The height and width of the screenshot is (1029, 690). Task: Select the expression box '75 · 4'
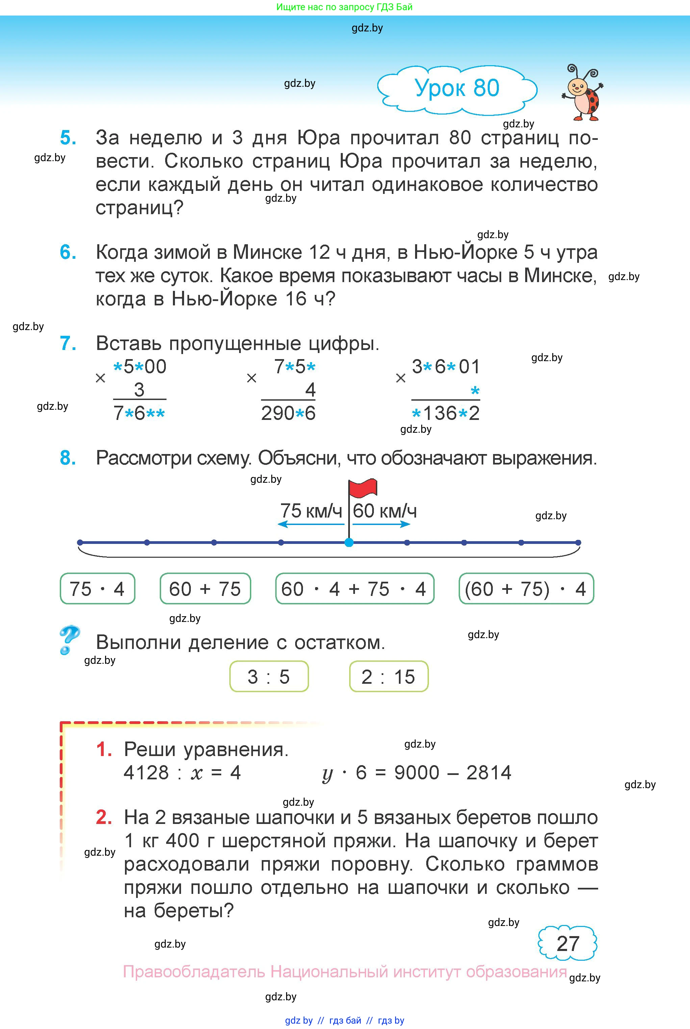pyautogui.click(x=97, y=588)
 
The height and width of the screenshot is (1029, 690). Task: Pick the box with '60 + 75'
pyautogui.click(x=205, y=588)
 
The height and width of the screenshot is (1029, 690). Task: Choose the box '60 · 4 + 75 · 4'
pyautogui.click(x=355, y=588)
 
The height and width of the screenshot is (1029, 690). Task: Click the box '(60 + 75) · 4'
pyautogui.click(x=526, y=588)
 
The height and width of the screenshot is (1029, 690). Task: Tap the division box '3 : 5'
pyautogui.click(x=269, y=676)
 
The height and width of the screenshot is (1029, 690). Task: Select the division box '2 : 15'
pyautogui.click(x=388, y=676)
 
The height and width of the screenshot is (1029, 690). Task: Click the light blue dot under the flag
pyautogui.click(x=349, y=542)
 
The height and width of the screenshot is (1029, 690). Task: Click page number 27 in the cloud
pyautogui.click(x=568, y=944)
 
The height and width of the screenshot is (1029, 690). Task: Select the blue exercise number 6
pyautogui.click(x=68, y=252)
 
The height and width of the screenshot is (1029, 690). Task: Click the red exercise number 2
pyautogui.click(x=104, y=817)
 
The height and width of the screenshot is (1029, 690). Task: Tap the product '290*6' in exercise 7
pyautogui.click(x=288, y=413)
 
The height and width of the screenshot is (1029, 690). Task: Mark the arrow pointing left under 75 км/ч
pyautogui.click(x=311, y=524)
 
